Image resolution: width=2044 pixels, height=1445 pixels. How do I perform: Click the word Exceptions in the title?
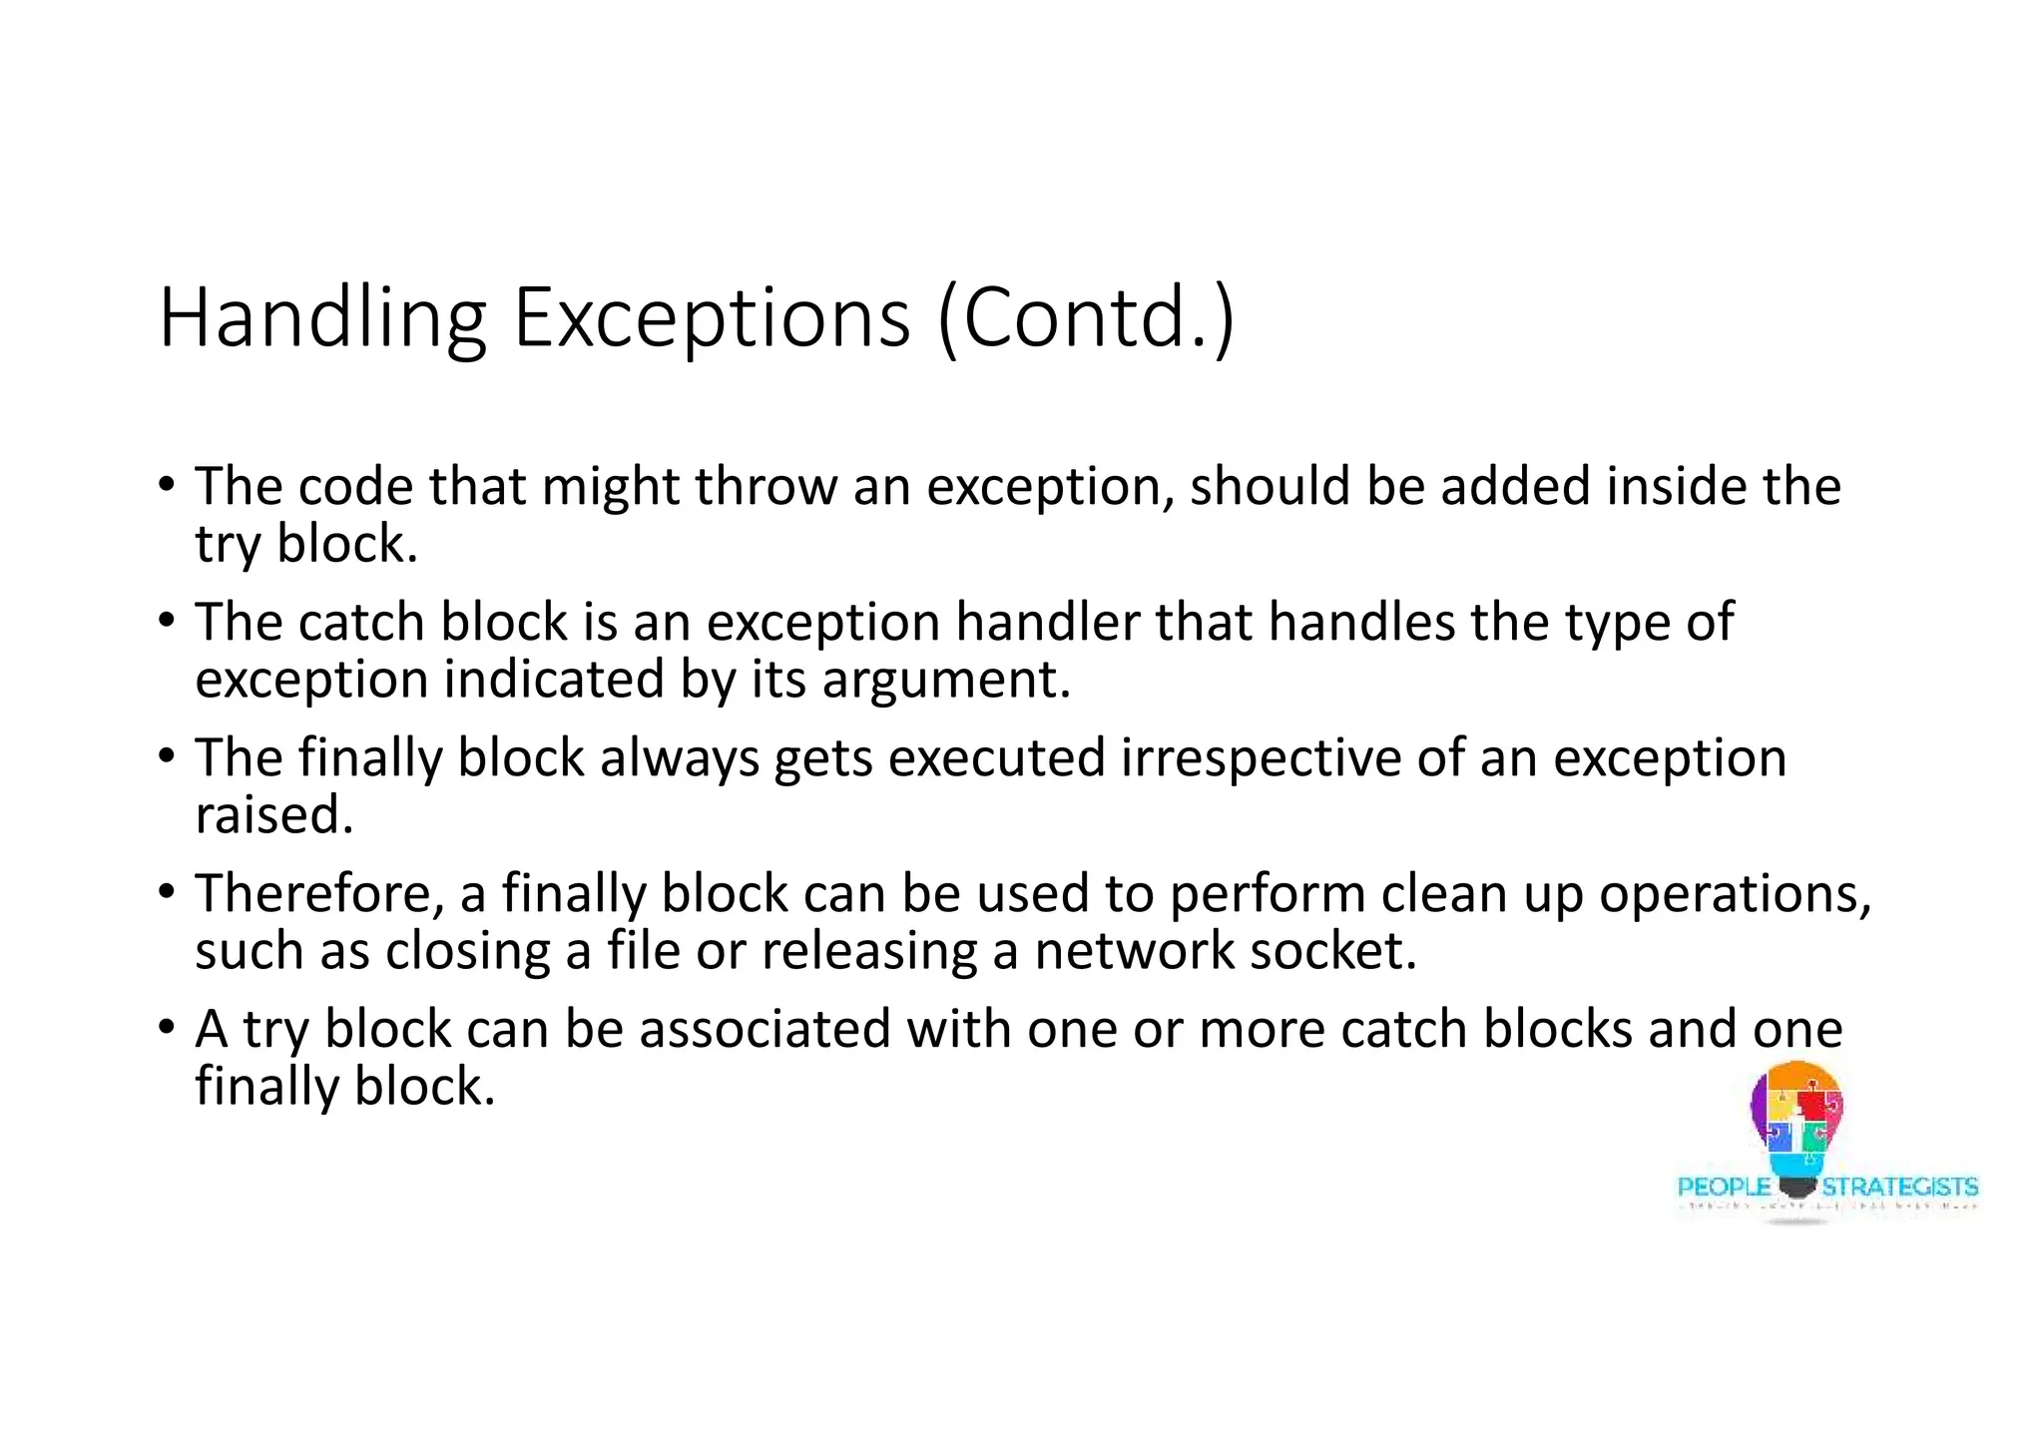[x=711, y=319]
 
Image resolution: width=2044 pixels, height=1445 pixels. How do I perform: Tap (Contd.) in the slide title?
[x=1086, y=319]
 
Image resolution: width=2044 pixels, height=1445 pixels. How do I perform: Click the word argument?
[x=945, y=682]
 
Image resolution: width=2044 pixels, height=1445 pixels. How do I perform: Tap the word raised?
[x=274, y=816]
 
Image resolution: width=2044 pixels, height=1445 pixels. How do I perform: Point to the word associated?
[x=765, y=1030]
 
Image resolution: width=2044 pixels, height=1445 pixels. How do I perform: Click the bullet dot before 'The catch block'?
[x=166, y=621]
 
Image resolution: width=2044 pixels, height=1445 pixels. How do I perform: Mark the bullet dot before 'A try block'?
[x=166, y=1028]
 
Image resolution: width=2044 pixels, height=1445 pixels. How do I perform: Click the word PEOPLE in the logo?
[x=1724, y=1188]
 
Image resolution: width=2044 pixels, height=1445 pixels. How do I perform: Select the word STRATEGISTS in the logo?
[x=1899, y=1188]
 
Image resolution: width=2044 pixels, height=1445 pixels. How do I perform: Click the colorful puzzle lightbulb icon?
[x=1796, y=1123]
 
